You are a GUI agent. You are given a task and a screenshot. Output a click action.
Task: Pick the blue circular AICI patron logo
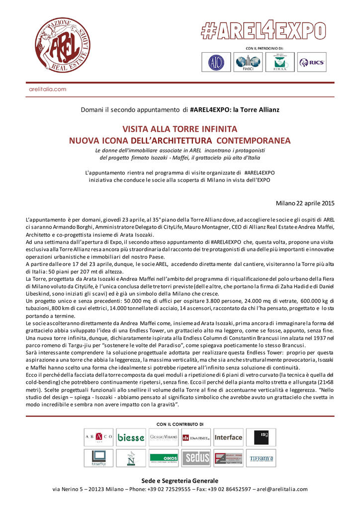pyautogui.click(x=216, y=62)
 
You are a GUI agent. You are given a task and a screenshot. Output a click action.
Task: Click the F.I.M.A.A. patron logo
pyautogui.click(x=280, y=62)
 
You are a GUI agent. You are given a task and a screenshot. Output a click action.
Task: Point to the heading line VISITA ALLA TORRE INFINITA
pyautogui.click(x=180, y=128)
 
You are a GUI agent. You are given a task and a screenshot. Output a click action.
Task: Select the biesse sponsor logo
pyautogui.click(x=131, y=437)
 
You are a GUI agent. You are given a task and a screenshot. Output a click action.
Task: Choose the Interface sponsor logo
pyautogui.click(x=228, y=437)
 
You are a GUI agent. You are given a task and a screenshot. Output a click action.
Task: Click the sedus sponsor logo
pyautogui.click(x=196, y=458)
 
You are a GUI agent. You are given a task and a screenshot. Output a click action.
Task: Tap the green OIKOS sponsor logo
pyautogui.click(x=164, y=458)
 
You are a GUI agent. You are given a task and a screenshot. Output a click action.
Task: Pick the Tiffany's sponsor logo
pyautogui.click(x=261, y=458)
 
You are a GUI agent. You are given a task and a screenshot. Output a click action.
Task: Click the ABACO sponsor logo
pyautogui.click(x=98, y=437)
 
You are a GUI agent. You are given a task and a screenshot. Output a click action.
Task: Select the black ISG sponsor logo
pyautogui.click(x=261, y=437)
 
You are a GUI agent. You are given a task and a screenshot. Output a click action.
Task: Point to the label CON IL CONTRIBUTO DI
pyautogui.click(x=180, y=424)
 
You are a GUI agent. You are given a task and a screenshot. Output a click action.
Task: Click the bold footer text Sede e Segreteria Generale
pyautogui.click(x=180, y=481)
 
